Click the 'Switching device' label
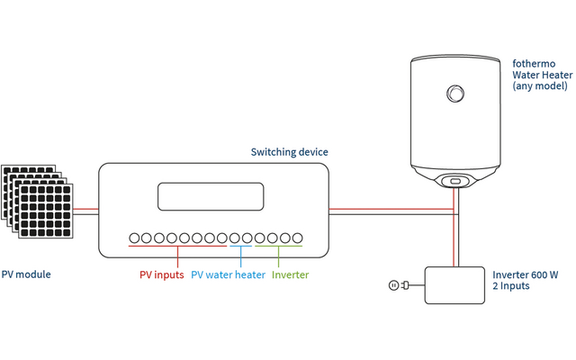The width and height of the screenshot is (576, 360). click(289, 152)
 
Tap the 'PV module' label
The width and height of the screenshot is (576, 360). click(26, 274)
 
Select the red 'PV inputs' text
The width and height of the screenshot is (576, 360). click(162, 274)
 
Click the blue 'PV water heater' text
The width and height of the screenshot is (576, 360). click(229, 274)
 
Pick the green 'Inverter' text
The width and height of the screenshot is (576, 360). click(291, 274)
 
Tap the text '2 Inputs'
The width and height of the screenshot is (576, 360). click(511, 285)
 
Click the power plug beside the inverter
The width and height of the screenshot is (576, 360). click(398, 285)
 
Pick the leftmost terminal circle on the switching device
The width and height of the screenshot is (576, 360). click(134, 239)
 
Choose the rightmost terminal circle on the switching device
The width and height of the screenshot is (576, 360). click(296, 239)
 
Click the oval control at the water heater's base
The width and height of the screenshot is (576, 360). click(455, 181)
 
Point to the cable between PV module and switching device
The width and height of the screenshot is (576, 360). click(86, 212)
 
